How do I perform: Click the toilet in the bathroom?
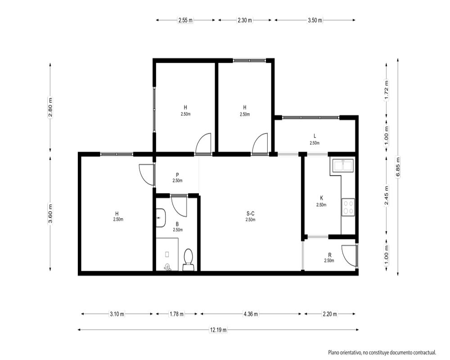click(x=188, y=260)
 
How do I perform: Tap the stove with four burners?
click(x=348, y=207)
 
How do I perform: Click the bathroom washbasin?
click(x=161, y=218)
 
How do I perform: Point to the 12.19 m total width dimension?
click(x=218, y=330)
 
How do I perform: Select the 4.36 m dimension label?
click(x=251, y=314)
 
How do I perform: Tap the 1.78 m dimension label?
click(x=176, y=314)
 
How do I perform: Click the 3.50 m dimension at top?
click(x=315, y=20)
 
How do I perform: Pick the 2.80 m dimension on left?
click(x=50, y=108)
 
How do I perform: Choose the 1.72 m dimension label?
click(x=386, y=90)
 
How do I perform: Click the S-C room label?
click(x=250, y=214)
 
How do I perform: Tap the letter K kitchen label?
click(x=321, y=198)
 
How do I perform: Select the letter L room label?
click(x=315, y=136)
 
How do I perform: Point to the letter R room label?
click(x=330, y=255)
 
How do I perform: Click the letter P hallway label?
click(x=177, y=175)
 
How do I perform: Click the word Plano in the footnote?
click(x=334, y=352)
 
